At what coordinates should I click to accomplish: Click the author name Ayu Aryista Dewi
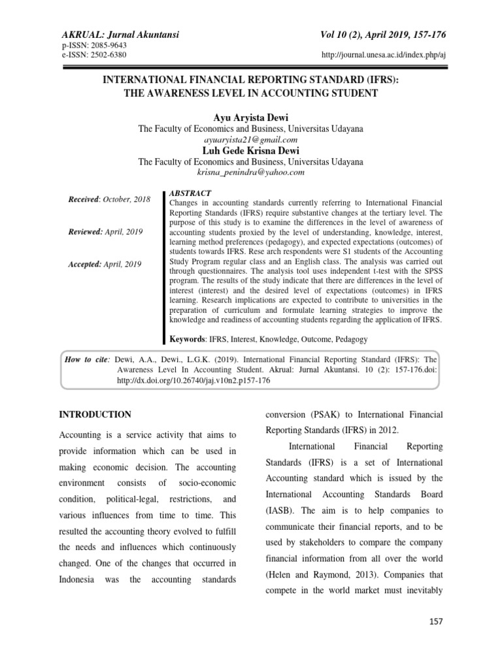[250, 118]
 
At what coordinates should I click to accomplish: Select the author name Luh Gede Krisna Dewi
[250, 151]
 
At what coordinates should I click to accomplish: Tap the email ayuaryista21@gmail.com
[250, 140]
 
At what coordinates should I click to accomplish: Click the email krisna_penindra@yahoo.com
[250, 172]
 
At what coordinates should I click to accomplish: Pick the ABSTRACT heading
[190, 193]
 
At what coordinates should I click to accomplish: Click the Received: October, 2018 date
[109, 199]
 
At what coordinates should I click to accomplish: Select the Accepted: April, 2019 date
[105, 264]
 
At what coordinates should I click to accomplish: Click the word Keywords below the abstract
[188, 339]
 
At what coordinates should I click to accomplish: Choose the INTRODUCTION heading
[95, 415]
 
